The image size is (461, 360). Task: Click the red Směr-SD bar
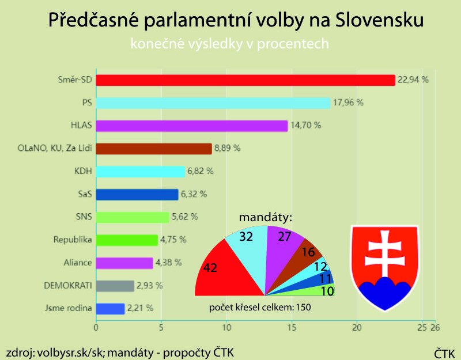(x=245, y=80)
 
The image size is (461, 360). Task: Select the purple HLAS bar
(x=191, y=126)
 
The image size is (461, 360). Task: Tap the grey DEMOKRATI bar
(x=115, y=286)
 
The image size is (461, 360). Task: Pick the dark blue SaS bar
(x=137, y=195)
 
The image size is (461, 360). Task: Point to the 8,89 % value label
(x=227, y=149)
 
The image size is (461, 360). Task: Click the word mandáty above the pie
(x=266, y=218)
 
